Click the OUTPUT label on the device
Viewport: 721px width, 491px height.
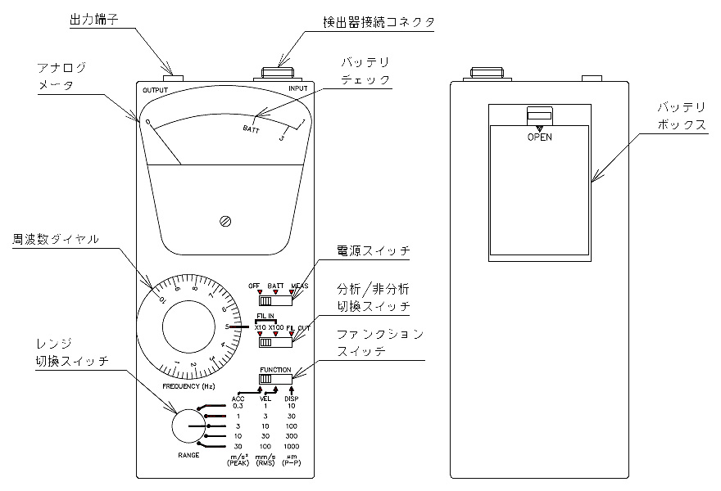tap(155, 89)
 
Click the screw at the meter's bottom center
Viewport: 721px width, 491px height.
tap(225, 221)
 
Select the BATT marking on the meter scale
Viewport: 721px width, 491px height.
tap(252, 128)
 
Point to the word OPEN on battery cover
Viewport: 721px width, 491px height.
tap(539, 137)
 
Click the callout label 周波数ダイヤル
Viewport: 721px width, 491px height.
tap(56, 240)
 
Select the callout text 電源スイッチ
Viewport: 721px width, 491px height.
tap(372, 250)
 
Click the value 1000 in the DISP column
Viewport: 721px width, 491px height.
tap(292, 446)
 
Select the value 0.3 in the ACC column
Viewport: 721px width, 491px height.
tap(238, 406)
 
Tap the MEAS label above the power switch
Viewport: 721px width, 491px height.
tap(299, 286)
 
